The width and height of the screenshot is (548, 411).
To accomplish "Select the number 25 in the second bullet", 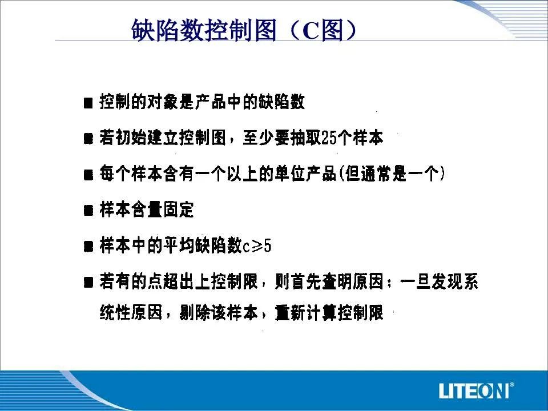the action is (329, 138).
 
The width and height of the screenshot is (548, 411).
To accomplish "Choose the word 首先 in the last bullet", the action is (306, 281).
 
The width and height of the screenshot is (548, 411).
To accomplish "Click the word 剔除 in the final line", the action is (194, 312).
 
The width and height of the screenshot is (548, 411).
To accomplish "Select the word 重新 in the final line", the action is (290, 312).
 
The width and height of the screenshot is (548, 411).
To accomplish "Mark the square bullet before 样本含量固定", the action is (88, 211).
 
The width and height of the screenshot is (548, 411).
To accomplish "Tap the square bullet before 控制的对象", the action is (88, 103).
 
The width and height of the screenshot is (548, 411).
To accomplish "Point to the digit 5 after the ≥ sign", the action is (267, 245).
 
